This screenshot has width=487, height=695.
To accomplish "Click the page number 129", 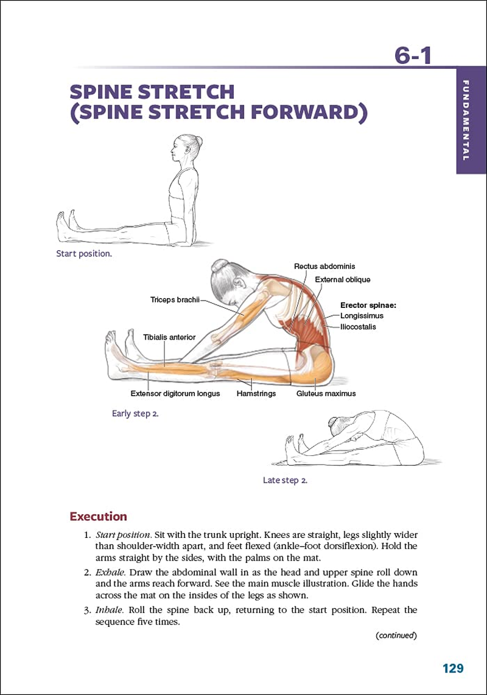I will (x=453, y=668).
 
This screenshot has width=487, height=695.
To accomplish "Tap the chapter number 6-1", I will (x=413, y=55).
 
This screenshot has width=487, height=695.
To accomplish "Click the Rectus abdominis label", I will (x=324, y=267).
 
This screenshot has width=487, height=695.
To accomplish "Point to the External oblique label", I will (x=342, y=280).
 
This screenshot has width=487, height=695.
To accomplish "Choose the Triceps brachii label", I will (x=175, y=300).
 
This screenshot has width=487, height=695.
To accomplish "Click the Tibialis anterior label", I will (x=169, y=337).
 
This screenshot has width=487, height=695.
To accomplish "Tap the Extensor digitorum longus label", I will (x=175, y=394).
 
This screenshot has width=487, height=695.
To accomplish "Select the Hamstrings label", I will (x=256, y=394).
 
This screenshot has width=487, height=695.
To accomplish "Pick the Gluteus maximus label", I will (x=326, y=394).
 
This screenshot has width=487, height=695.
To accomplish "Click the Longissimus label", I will (x=362, y=316).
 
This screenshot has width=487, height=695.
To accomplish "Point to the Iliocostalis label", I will (x=358, y=327).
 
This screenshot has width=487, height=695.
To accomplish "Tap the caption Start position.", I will (x=84, y=254).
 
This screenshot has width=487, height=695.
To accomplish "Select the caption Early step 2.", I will (x=135, y=413).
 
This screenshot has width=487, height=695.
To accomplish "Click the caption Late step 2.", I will (x=285, y=480).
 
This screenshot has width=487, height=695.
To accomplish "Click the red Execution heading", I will (x=99, y=517).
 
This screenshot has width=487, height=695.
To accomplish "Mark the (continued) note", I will (x=396, y=635).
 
